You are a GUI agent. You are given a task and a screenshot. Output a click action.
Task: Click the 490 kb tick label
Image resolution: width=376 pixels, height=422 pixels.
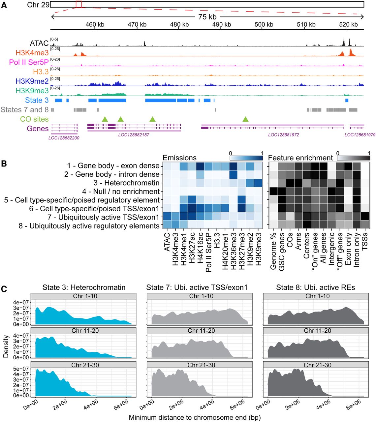(x=222, y=25)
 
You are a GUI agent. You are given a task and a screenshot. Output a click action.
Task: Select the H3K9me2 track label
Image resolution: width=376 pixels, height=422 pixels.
(x=32, y=81)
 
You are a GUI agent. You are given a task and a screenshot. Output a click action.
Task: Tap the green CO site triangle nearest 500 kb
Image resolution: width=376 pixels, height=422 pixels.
(x=246, y=119)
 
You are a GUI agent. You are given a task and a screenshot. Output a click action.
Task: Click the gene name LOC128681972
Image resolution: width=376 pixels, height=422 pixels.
(x=283, y=135)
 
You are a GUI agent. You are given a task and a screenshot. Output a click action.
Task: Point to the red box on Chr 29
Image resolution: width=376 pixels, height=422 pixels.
(x=79, y=4)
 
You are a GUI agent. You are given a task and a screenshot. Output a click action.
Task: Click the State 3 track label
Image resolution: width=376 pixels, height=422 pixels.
(x=37, y=100)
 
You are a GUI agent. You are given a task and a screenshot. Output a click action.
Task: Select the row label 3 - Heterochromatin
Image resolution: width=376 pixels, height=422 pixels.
(x=127, y=183)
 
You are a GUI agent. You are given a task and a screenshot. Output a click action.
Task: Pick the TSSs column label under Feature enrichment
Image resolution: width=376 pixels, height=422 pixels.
(x=365, y=242)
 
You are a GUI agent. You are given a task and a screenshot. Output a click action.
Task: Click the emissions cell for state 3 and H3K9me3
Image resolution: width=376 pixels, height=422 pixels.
(x=258, y=183)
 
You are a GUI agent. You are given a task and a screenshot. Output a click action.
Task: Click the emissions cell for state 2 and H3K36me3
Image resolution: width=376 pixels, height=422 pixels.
(x=233, y=174)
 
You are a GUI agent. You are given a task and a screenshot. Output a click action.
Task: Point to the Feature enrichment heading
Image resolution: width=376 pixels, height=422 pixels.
(x=300, y=158)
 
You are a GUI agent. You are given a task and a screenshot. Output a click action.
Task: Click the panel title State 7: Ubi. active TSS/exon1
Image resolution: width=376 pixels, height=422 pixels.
(x=197, y=287)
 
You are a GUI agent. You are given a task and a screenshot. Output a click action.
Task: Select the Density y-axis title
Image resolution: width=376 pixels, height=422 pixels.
(x=6, y=346)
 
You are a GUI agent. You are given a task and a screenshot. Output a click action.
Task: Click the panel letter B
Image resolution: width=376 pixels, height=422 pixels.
(x=4, y=164)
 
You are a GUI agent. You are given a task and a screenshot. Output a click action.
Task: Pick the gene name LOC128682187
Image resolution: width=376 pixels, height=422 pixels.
(x=134, y=135)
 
